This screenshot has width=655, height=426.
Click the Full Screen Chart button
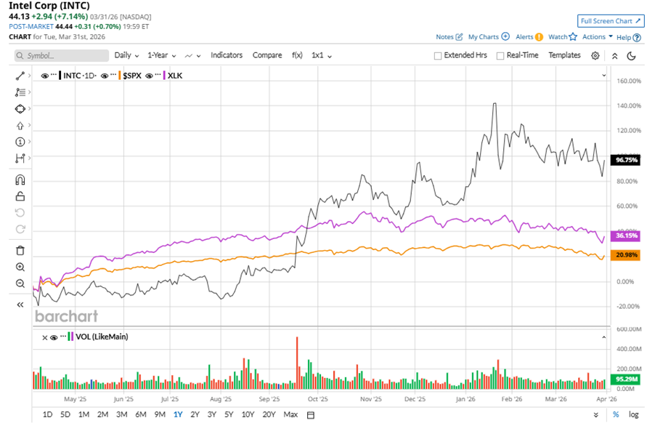pyautogui.click(x=610, y=21)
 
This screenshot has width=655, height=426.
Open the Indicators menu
pyautogui.click(x=227, y=55)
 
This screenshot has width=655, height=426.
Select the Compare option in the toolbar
pyautogui.click(x=267, y=55)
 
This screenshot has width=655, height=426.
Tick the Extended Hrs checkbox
pyautogui.click(x=438, y=56)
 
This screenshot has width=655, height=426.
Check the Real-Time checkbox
pyautogui.click(x=500, y=56)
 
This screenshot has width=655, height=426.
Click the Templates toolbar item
pyautogui.click(x=564, y=55)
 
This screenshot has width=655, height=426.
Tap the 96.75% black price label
pyautogui.click(x=626, y=160)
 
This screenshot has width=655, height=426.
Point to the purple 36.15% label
pyautogui.click(x=626, y=236)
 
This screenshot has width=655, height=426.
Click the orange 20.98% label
pyautogui.click(x=626, y=254)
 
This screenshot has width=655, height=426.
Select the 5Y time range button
pyautogui.click(x=229, y=414)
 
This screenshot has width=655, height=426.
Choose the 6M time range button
pyautogui.click(x=140, y=414)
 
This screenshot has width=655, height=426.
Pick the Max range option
pyautogui.click(x=290, y=414)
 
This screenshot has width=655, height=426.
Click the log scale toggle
pyautogui.click(x=634, y=414)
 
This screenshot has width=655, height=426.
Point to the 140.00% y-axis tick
pyautogui.click(x=629, y=106)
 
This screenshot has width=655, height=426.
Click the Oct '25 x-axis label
pyautogui.click(x=317, y=399)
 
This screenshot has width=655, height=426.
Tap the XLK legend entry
pyautogui.click(x=174, y=76)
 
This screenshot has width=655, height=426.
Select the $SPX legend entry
pyautogui.click(x=131, y=76)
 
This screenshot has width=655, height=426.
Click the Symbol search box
pyautogui.click(x=62, y=55)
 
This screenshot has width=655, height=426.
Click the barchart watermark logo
pyautogui.click(x=66, y=316)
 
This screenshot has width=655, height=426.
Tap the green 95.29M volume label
pyautogui.click(x=627, y=379)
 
